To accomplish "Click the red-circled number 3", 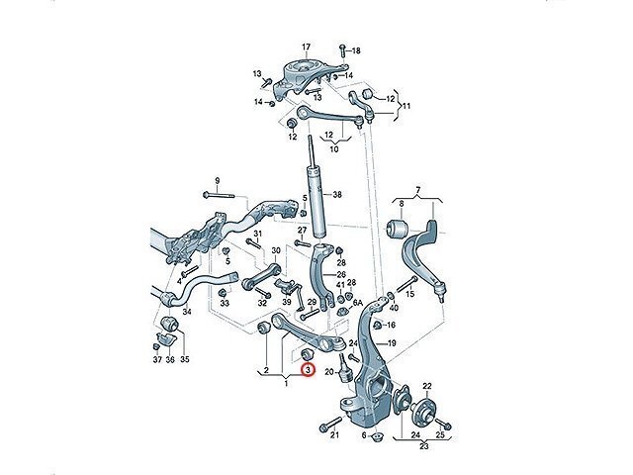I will [308, 370].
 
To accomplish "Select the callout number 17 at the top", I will [307, 47].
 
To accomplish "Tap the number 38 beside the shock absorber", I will [337, 195].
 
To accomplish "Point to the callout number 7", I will [417, 189].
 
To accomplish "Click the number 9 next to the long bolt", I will [218, 179].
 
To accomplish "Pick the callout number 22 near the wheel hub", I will [427, 386].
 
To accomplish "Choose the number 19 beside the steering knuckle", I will [392, 343].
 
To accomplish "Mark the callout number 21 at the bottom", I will [335, 435].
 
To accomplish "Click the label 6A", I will [358, 304].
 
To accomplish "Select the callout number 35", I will [185, 359].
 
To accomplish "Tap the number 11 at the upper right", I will [406, 105].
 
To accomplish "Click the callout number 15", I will [438, 294].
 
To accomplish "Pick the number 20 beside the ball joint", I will [328, 372].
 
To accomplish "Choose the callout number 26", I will [341, 275].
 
